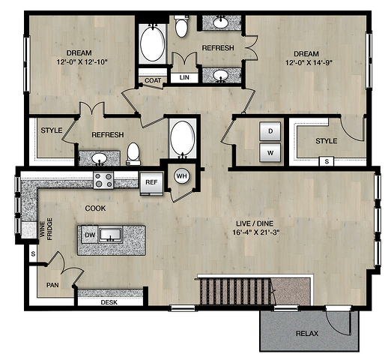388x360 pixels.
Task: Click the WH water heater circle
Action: click(x=181, y=176)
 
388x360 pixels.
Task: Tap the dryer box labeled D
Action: click(x=270, y=131)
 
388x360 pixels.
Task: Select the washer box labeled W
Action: click(x=270, y=153)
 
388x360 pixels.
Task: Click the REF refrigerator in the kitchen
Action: click(x=151, y=184)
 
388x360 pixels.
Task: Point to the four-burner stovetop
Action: click(x=103, y=180)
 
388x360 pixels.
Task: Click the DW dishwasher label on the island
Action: click(x=90, y=235)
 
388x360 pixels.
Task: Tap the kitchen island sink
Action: click(x=111, y=235)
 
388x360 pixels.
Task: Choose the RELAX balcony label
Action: click(x=307, y=333)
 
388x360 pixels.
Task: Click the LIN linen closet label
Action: click(x=184, y=77)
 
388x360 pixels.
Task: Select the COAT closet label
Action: click(x=153, y=80)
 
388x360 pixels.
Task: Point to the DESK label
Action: click(x=109, y=302)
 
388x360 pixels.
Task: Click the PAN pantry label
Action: click(x=52, y=285)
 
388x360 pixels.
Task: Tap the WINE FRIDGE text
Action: click(x=46, y=229)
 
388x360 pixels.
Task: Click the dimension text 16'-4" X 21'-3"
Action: click(x=255, y=232)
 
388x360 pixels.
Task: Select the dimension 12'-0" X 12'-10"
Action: click(x=82, y=61)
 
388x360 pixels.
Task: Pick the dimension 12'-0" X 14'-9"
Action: click(x=309, y=62)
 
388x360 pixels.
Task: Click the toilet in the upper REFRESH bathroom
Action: click(x=181, y=26)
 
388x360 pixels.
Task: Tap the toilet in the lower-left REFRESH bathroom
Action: click(x=133, y=154)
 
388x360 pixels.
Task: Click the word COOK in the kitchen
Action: click(x=95, y=208)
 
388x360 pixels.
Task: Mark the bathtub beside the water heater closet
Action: click(x=183, y=139)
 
